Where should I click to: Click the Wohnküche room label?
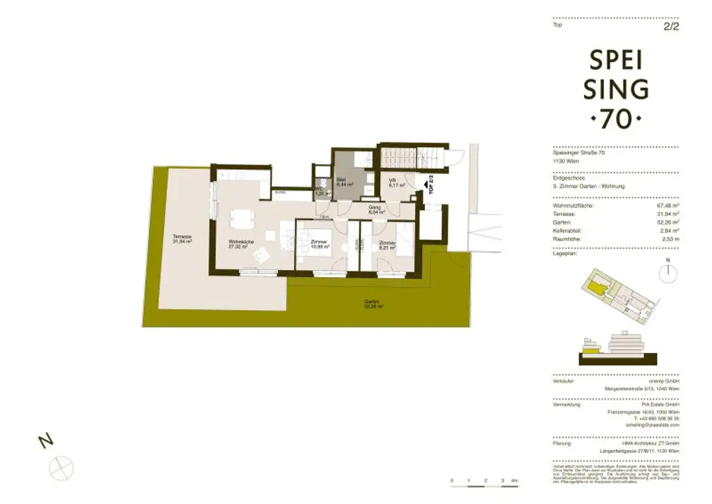240,244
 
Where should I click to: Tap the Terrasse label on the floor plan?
182,239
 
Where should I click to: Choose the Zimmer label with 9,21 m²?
387,244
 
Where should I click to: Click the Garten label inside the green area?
373,303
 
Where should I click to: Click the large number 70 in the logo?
617,119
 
